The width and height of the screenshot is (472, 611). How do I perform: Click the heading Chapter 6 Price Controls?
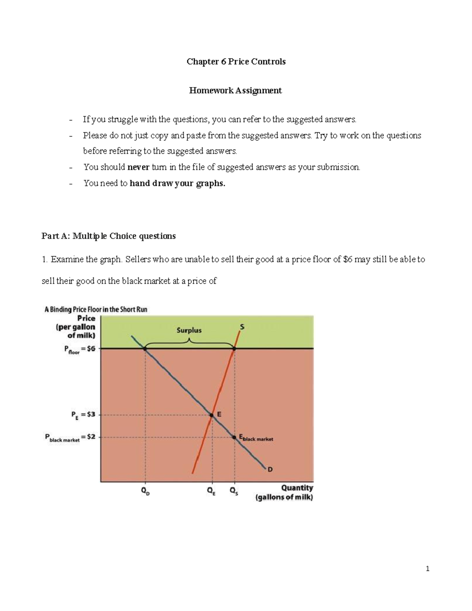point(236,62)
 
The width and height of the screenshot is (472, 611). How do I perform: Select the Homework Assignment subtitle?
point(235,90)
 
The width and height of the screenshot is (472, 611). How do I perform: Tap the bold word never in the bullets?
point(138,167)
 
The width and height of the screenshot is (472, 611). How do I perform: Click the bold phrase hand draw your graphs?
point(177,183)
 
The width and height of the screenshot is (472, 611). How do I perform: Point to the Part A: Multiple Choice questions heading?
point(109,236)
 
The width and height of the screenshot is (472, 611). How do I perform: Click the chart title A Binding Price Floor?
point(96,309)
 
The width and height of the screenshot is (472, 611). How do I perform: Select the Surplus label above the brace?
point(189,330)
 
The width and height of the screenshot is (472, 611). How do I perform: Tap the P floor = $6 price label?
point(79,349)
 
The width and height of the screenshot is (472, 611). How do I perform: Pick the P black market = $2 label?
point(70,437)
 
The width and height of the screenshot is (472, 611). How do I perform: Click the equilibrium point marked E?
point(212,415)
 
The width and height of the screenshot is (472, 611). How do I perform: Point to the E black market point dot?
point(235,437)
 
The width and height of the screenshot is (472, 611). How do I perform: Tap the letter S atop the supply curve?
point(242,327)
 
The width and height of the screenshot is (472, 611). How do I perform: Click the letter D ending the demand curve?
point(270,469)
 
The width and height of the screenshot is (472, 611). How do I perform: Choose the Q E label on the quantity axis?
point(212,491)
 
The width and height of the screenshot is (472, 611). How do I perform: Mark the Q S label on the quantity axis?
point(234,491)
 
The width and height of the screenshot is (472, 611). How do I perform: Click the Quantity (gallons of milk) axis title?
point(284,493)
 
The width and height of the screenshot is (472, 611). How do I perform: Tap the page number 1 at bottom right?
point(428,569)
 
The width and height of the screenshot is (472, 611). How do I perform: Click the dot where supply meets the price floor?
point(234,348)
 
